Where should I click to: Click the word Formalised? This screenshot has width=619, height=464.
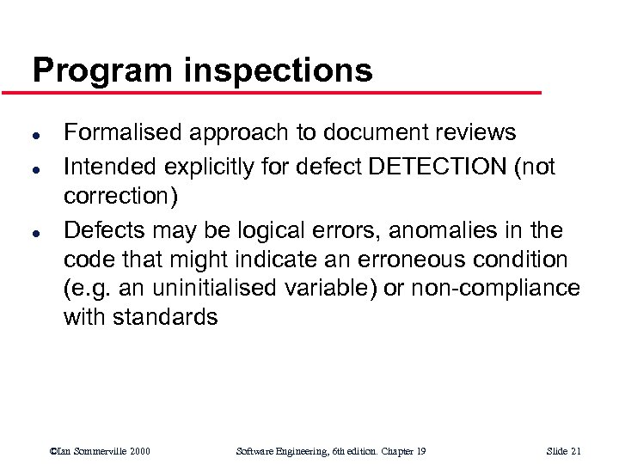[x=123, y=132]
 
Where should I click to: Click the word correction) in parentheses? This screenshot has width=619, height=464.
[x=120, y=197]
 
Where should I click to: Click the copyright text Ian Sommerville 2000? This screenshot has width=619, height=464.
[x=101, y=451]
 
